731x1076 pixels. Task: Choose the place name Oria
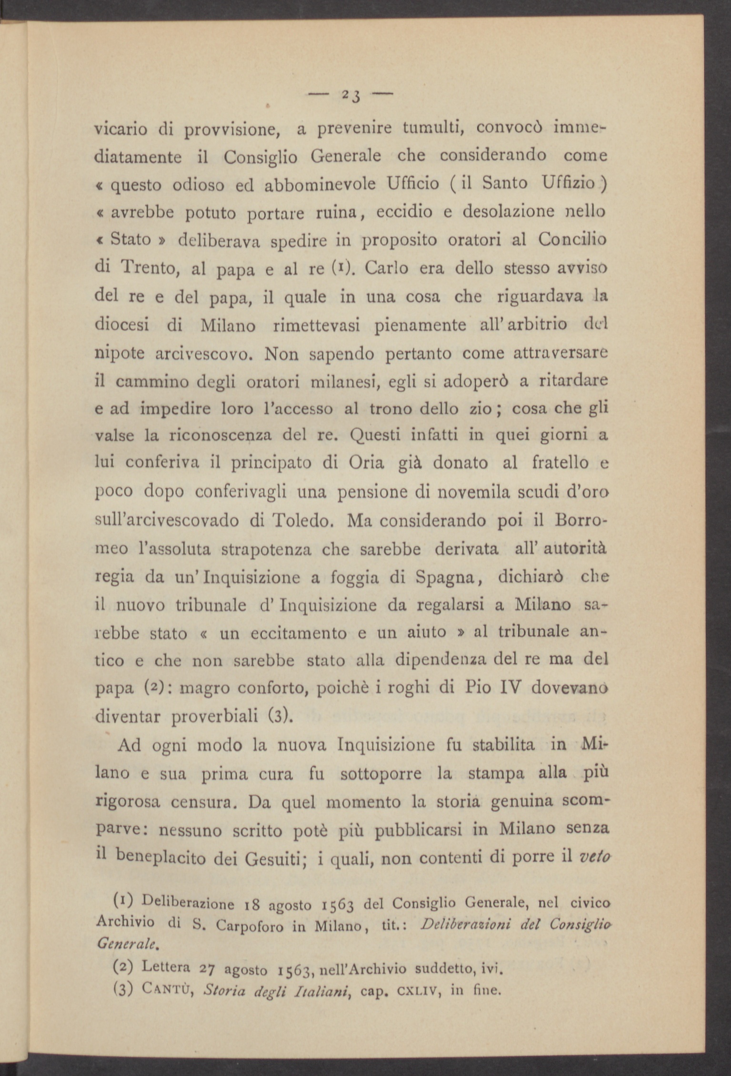click(x=366, y=463)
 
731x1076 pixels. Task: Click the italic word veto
click(x=595, y=857)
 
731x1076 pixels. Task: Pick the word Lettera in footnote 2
click(x=166, y=967)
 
